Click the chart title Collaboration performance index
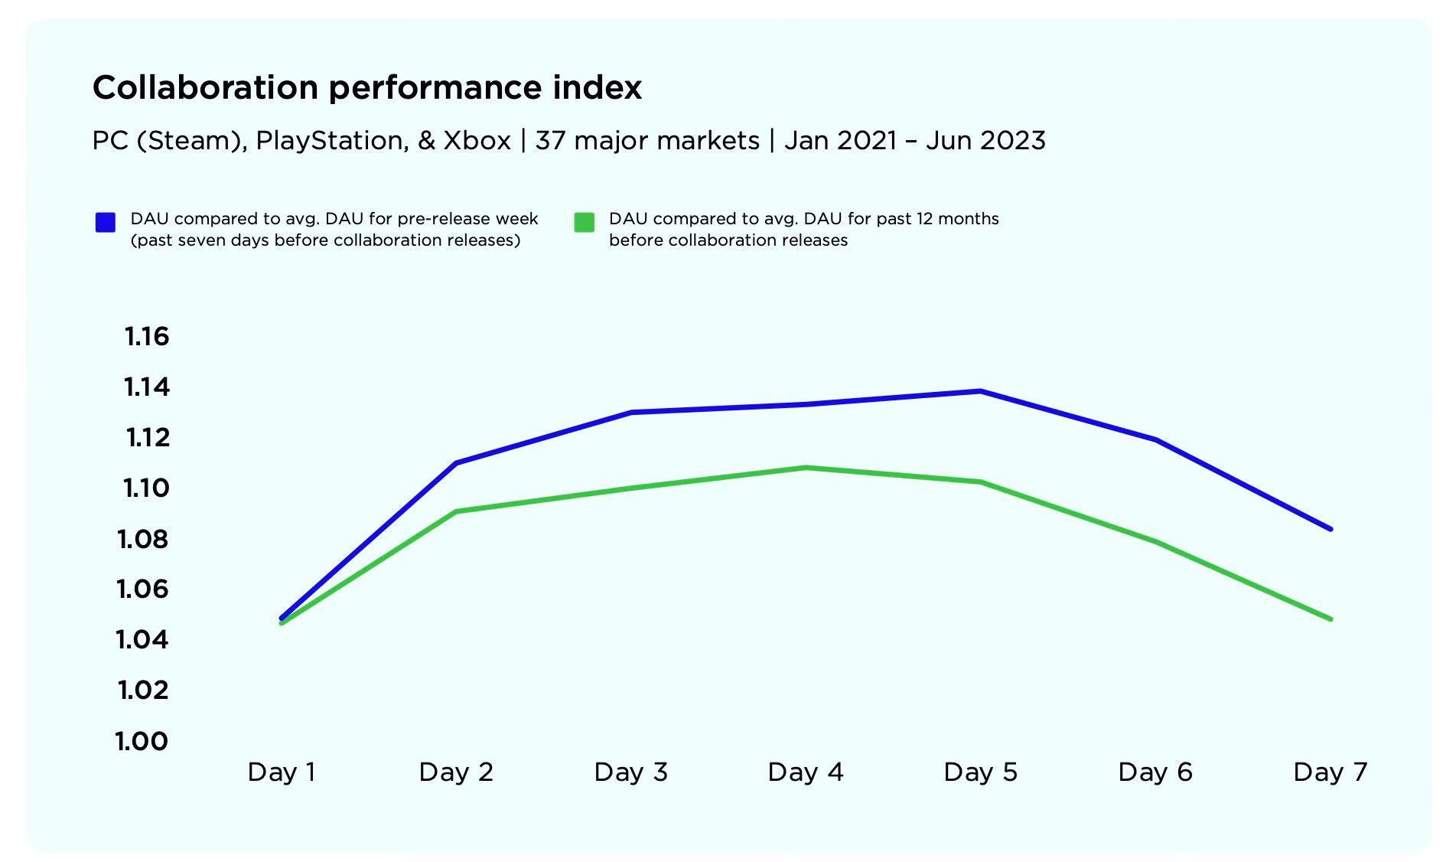(366, 87)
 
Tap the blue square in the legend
(106, 222)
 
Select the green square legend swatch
(584, 222)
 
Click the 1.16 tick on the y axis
(146, 336)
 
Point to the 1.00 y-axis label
(142, 740)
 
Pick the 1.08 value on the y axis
(142, 539)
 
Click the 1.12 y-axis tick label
(147, 437)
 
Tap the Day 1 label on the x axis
(282, 772)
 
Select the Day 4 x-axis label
(805, 772)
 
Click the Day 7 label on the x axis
(1330, 772)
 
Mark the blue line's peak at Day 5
(980, 391)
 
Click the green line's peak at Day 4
(806, 467)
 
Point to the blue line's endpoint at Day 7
(1330, 528)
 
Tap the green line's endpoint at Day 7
(1330, 619)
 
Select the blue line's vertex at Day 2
(456, 462)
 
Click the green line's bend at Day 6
(1155, 541)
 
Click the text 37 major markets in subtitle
(647, 141)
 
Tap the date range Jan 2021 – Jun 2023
(914, 141)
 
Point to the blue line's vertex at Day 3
(631, 412)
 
